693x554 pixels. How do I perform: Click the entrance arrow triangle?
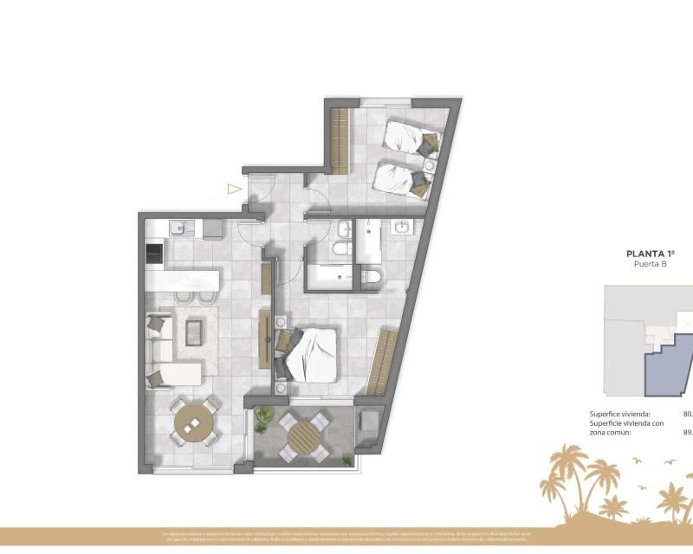click(x=233, y=188)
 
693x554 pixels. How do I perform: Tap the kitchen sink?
click(x=179, y=229)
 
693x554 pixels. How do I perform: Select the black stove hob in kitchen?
click(x=153, y=254)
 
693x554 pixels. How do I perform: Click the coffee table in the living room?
click(x=194, y=331)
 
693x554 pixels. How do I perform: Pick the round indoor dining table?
click(x=193, y=422)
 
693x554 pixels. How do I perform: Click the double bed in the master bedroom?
click(x=308, y=351)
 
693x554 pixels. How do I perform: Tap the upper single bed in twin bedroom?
click(x=411, y=138)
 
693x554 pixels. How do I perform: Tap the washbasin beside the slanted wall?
click(x=402, y=228)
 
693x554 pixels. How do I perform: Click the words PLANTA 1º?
click(x=651, y=254)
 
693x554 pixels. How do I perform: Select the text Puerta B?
click(x=651, y=266)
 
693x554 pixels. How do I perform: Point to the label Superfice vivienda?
click(x=619, y=415)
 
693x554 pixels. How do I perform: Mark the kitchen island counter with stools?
click(x=184, y=281)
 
